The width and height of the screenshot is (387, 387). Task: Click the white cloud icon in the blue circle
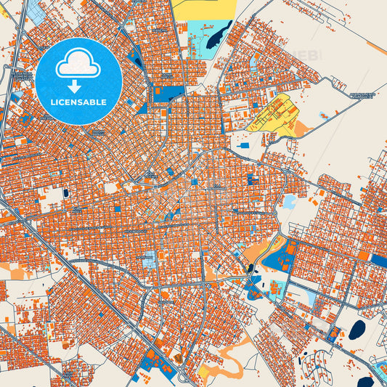(x=78, y=65)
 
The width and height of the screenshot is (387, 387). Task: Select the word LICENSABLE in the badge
(x=78, y=102)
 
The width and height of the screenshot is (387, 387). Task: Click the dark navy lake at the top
(x=217, y=36)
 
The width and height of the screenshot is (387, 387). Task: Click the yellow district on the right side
(x=272, y=113)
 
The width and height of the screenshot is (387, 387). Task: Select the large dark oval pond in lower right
(x=357, y=330)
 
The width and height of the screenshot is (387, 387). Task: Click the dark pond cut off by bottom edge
(x=365, y=382)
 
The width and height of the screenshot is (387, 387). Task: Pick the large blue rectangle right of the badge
(x=168, y=93)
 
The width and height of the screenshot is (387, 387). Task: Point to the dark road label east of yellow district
(x=362, y=95)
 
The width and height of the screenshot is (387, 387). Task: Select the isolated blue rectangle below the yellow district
(x=245, y=146)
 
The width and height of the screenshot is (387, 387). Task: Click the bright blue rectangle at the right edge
(x=378, y=259)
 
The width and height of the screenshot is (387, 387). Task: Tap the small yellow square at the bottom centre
(x=204, y=371)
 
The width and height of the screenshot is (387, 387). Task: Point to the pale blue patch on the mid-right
(x=289, y=201)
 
